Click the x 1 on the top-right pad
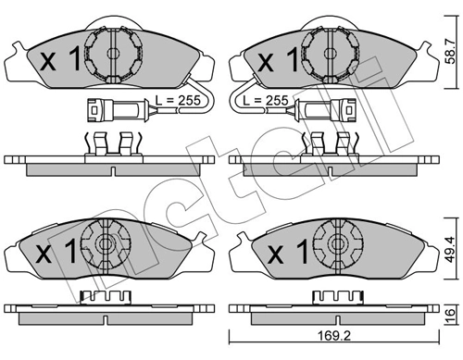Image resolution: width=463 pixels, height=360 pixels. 275,61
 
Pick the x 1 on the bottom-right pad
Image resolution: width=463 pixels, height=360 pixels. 285,251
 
